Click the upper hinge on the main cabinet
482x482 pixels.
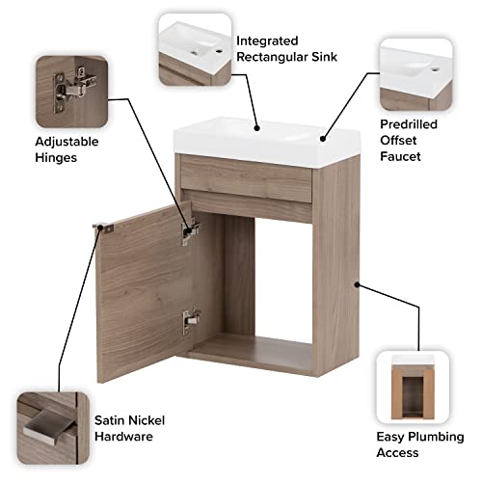pyautogui.click(x=191, y=228)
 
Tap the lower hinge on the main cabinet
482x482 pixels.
pyautogui.click(x=192, y=315)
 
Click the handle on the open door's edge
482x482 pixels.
pyautogui.click(x=100, y=228)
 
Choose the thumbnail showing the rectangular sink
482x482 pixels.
pyautogui.click(x=194, y=50)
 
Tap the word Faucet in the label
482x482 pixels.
pyautogui.click(x=400, y=155)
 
